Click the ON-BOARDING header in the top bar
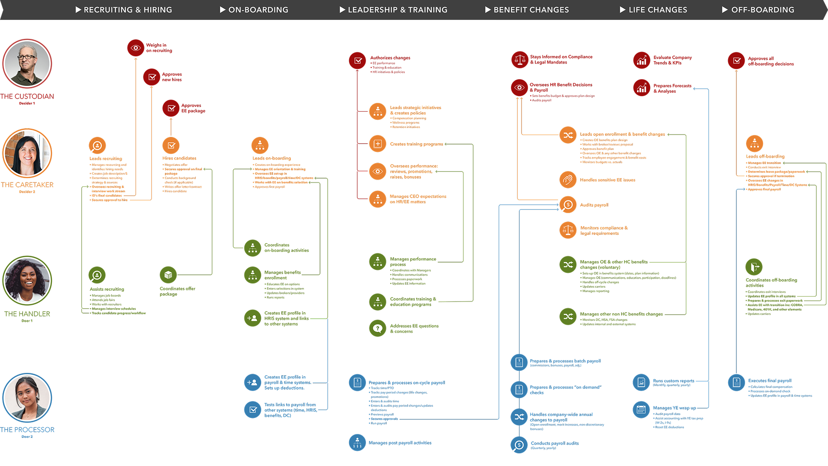(x=258, y=10)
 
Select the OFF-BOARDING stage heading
(x=762, y=10)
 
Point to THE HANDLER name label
(x=27, y=314)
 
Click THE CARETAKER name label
(x=27, y=185)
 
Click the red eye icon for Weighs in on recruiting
(x=136, y=48)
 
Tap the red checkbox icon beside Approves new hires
(x=152, y=77)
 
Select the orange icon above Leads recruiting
(x=97, y=146)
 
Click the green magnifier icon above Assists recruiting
(x=97, y=275)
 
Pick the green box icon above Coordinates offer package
(x=168, y=275)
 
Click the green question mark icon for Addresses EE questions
(x=378, y=329)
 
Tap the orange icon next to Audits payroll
(x=568, y=205)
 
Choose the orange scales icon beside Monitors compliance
(x=568, y=230)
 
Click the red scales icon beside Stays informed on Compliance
(x=520, y=60)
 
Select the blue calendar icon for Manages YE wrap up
(x=641, y=410)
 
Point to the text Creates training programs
(x=416, y=144)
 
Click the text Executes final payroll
(x=769, y=381)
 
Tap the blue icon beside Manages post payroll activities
(x=357, y=443)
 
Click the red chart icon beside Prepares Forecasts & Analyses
(x=641, y=88)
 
